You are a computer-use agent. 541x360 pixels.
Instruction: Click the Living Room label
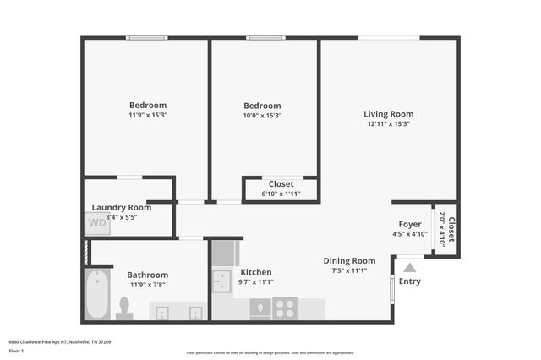click(x=388, y=114)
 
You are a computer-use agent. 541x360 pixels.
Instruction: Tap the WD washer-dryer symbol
click(x=97, y=224)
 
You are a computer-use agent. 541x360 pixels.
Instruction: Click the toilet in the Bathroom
click(x=125, y=308)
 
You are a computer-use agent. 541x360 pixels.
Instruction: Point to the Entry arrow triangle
click(x=410, y=267)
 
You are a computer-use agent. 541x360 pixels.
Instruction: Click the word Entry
click(x=410, y=281)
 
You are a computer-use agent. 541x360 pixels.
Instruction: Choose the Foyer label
click(x=410, y=224)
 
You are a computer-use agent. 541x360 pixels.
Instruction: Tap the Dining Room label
click(x=349, y=261)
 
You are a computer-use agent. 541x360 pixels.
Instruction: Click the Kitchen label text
click(x=256, y=272)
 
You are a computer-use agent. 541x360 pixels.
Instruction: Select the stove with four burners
click(x=286, y=308)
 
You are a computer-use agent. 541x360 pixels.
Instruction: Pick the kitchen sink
click(x=222, y=281)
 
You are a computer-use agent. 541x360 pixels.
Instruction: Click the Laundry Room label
click(x=122, y=207)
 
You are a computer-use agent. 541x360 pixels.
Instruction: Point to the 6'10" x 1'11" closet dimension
click(x=281, y=194)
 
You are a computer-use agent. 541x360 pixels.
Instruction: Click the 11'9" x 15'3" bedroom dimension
click(x=148, y=115)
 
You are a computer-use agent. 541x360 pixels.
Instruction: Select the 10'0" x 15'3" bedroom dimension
click(x=262, y=116)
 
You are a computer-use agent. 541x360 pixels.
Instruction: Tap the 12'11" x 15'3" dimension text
click(x=388, y=123)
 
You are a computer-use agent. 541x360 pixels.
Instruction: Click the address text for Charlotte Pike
click(x=60, y=341)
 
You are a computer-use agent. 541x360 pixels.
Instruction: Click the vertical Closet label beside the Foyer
click(x=451, y=231)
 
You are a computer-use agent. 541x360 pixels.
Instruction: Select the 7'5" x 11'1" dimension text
click(x=349, y=270)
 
